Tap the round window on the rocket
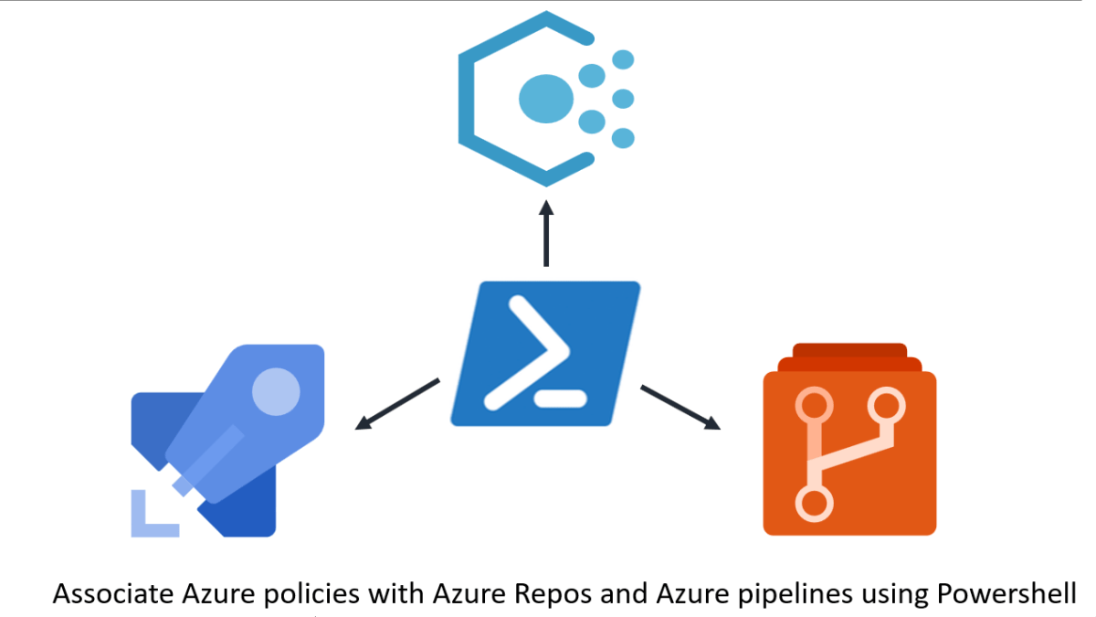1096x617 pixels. click(x=275, y=391)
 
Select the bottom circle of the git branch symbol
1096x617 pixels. click(x=814, y=502)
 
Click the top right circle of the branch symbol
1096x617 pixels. click(x=885, y=403)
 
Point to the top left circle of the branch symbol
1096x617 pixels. click(x=814, y=403)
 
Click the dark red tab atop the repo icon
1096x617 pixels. click(x=849, y=351)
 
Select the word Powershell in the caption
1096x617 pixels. click(x=1007, y=594)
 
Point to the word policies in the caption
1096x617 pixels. click(x=316, y=594)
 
